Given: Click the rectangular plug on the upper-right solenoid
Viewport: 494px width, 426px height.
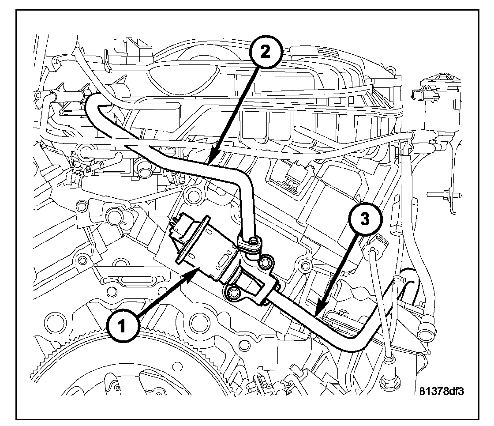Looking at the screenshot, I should (418, 94).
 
